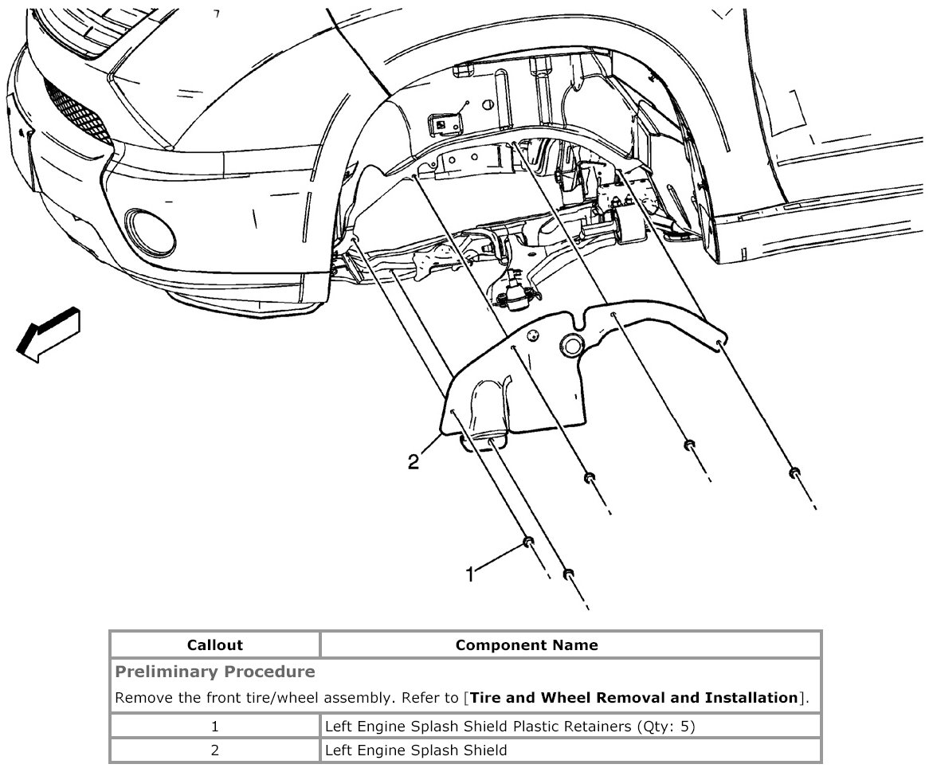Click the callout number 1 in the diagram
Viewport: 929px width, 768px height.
click(x=470, y=573)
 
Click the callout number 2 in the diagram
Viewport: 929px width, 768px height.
click(x=413, y=461)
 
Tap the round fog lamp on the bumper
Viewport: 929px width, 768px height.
click(x=150, y=229)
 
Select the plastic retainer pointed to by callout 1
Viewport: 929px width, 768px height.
click(x=527, y=543)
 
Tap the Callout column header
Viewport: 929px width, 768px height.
click(x=214, y=645)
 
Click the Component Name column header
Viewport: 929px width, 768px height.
click(x=526, y=645)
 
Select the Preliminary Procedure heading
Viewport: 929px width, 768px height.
click(x=215, y=672)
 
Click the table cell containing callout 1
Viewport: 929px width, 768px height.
click(x=214, y=726)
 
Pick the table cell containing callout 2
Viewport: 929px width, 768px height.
click(x=214, y=750)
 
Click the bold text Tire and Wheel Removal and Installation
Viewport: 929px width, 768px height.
click(x=634, y=698)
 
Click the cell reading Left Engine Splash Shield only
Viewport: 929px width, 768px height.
click(x=415, y=750)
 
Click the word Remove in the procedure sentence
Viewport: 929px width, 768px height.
click(x=140, y=698)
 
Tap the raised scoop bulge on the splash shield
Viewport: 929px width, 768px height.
click(x=491, y=406)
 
